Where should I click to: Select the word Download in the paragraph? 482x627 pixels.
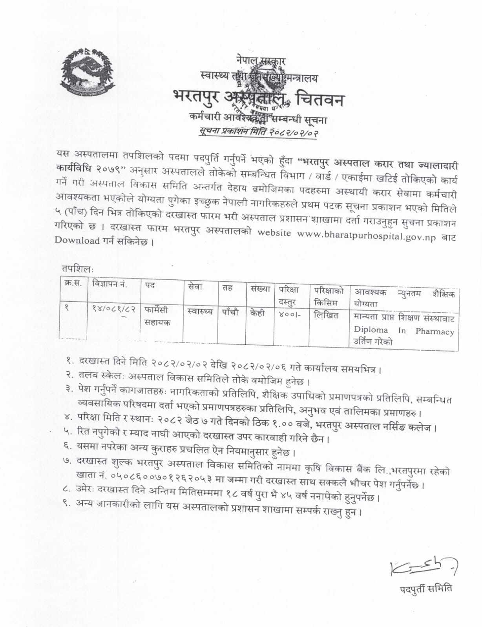coord(77,241)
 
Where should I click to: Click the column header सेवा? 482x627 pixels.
coord(195,287)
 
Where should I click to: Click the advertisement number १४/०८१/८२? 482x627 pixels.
coord(113,308)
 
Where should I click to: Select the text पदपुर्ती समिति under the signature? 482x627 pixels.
coord(425,589)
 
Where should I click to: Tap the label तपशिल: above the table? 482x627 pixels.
coord(77,269)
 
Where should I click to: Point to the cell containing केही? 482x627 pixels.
coord(257,313)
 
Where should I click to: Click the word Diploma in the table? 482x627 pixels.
coord(371,330)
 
